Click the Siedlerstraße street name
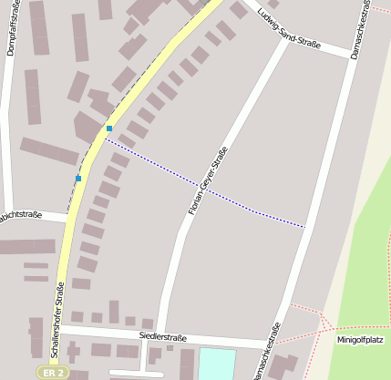coord(162,337)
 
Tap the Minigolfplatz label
coord(358,340)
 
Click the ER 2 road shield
coord(53,372)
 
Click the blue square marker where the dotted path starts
coord(109,128)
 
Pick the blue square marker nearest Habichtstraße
coord(78,178)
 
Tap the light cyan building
coord(216,363)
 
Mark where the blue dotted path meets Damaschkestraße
coord(304,226)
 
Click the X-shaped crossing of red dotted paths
coord(322,321)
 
